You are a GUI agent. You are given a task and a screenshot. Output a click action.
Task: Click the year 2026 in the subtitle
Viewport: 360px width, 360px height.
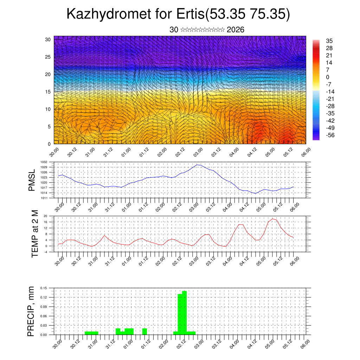tap(236, 30)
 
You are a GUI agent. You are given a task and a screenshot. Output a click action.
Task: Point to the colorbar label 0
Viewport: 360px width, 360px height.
tap(328, 77)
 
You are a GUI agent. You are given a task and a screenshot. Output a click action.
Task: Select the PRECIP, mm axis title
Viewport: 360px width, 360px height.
tap(32, 311)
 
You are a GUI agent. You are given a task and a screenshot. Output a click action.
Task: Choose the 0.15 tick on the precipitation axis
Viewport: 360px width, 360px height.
tap(44, 288)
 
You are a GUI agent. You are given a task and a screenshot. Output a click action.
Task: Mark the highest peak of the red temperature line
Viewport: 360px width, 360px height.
tap(272, 219)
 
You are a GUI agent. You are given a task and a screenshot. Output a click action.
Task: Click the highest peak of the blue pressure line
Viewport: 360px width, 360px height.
tap(198, 165)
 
